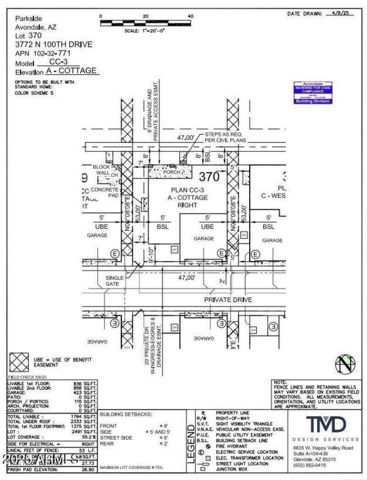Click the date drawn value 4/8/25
pos(343,14)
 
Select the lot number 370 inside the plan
pos(209,176)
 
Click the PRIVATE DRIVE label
pos(228,300)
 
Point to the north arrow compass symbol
pos(345,365)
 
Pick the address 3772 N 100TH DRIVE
pos(54,44)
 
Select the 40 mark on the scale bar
pos(190,16)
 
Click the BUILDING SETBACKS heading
pos(126,414)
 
